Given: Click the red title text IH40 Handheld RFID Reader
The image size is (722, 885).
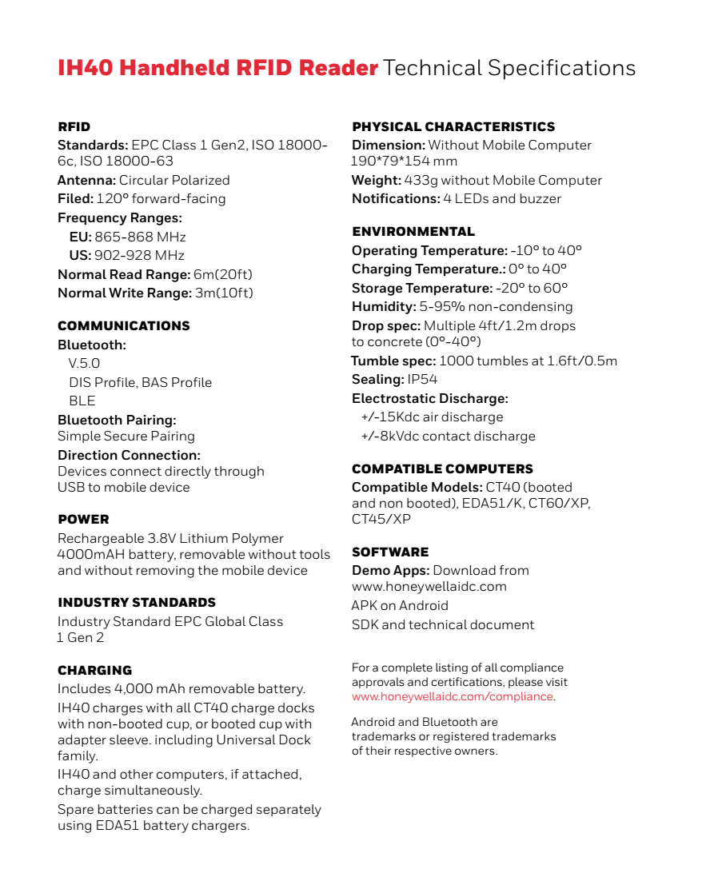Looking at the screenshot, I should click(x=217, y=68).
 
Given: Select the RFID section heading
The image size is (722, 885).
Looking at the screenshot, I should click(x=74, y=126).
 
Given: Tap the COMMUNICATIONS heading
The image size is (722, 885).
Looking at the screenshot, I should click(x=124, y=325).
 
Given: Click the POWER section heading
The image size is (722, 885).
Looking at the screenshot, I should click(x=83, y=519).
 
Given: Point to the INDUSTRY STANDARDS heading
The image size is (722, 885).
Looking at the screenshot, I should click(x=137, y=602).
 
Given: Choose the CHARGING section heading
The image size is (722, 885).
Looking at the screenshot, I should click(x=95, y=670).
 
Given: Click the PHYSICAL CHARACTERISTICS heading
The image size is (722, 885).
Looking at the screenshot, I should click(x=453, y=126).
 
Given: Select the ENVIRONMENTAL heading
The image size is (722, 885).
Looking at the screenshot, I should click(x=413, y=231).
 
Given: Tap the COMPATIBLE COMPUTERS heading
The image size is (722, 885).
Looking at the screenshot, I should click(x=442, y=468).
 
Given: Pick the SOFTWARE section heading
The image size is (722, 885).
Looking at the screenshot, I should click(x=390, y=552).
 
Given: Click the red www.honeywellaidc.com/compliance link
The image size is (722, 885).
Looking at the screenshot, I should click(x=453, y=696).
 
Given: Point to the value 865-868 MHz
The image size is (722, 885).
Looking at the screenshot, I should click(x=140, y=237).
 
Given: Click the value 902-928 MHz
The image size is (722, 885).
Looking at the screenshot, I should click(x=140, y=255).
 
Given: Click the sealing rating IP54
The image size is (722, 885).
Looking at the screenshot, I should click(x=422, y=379).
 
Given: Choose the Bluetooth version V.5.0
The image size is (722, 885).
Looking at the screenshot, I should click(x=85, y=363).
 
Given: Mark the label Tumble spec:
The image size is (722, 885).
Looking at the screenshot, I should click(x=393, y=361).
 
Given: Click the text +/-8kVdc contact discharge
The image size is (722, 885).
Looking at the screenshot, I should click(x=449, y=436).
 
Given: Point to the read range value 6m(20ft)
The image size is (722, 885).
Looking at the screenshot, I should click(x=223, y=274).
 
